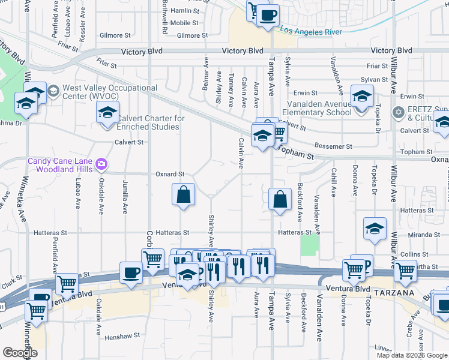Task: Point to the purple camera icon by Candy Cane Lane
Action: pyautogui.click(x=101, y=163)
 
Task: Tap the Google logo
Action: pyautogui.click(x=20, y=353)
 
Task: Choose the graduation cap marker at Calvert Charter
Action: pyautogui.click(x=107, y=112)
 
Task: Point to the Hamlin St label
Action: pyautogui.click(x=184, y=11)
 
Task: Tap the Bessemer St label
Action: pyautogui.click(x=334, y=146)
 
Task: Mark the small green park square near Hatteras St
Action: pyautogui.click(x=309, y=245)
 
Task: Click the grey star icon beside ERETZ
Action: pyautogui.click(x=397, y=112)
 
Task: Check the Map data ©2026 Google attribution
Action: pyautogui.click(x=412, y=355)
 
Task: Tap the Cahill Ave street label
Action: pyautogui.click(x=334, y=181)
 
